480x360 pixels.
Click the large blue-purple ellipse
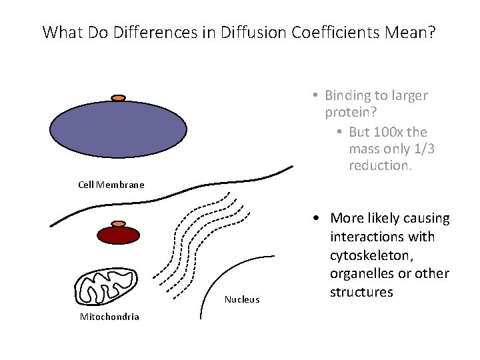click(x=119, y=131)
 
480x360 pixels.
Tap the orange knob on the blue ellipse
click(x=119, y=99)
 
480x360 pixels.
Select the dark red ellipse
click(x=119, y=235)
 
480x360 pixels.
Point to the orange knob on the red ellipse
click(x=118, y=224)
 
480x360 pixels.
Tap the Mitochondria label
click(x=109, y=317)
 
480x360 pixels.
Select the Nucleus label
click(x=241, y=299)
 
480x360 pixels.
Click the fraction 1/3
click(x=422, y=149)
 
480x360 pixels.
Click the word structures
click(x=361, y=292)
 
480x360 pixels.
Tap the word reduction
click(x=379, y=165)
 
